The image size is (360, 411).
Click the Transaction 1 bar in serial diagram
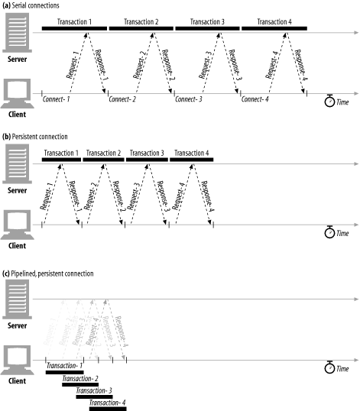pos(74,29)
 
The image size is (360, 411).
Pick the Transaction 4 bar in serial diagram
pos(274,29)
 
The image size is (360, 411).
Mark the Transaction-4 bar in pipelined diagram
pos(108,409)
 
